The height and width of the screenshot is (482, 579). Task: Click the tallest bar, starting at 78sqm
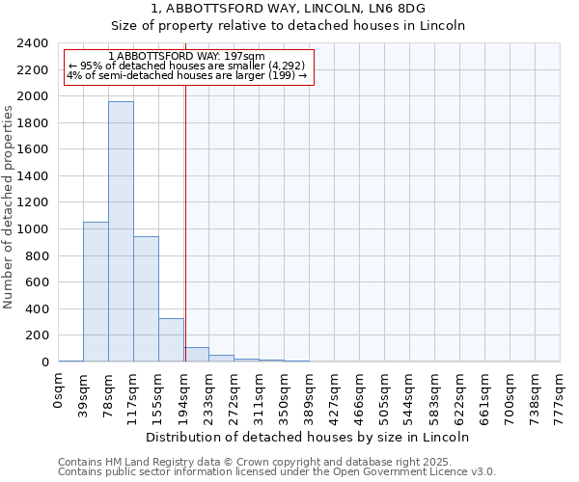(121, 231)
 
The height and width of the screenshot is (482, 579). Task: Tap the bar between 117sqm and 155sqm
(146, 299)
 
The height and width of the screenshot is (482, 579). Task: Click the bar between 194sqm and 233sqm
(197, 354)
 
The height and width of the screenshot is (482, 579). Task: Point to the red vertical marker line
(185, 222)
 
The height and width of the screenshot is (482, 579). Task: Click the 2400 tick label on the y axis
(32, 44)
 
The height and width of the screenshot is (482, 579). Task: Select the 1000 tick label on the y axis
(32, 229)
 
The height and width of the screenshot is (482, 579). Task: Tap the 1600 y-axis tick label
(32, 150)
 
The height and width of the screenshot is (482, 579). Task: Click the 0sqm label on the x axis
(59, 390)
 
